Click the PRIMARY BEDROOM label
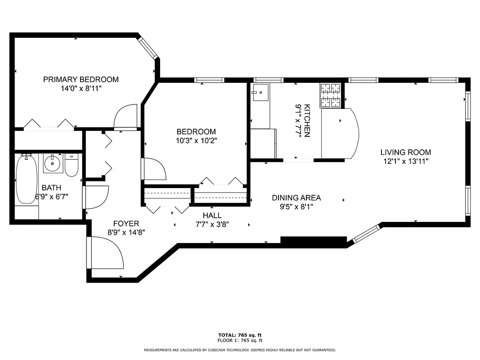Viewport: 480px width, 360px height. coord(81,80)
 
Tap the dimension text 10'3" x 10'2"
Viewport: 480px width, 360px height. coord(196,140)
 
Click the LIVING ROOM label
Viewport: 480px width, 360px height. coord(405,152)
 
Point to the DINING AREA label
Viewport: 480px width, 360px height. coord(296,198)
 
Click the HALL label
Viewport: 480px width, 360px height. coord(212,216)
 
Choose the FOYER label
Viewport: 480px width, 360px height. coord(126,224)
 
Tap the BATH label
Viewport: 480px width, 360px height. coord(51,188)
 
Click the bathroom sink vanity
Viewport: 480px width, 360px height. coord(54,163)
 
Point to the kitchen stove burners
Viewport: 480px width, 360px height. coord(331,95)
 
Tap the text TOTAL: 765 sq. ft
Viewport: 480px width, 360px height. coord(240,335)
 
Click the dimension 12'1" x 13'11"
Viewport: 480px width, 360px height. coord(405,161)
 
